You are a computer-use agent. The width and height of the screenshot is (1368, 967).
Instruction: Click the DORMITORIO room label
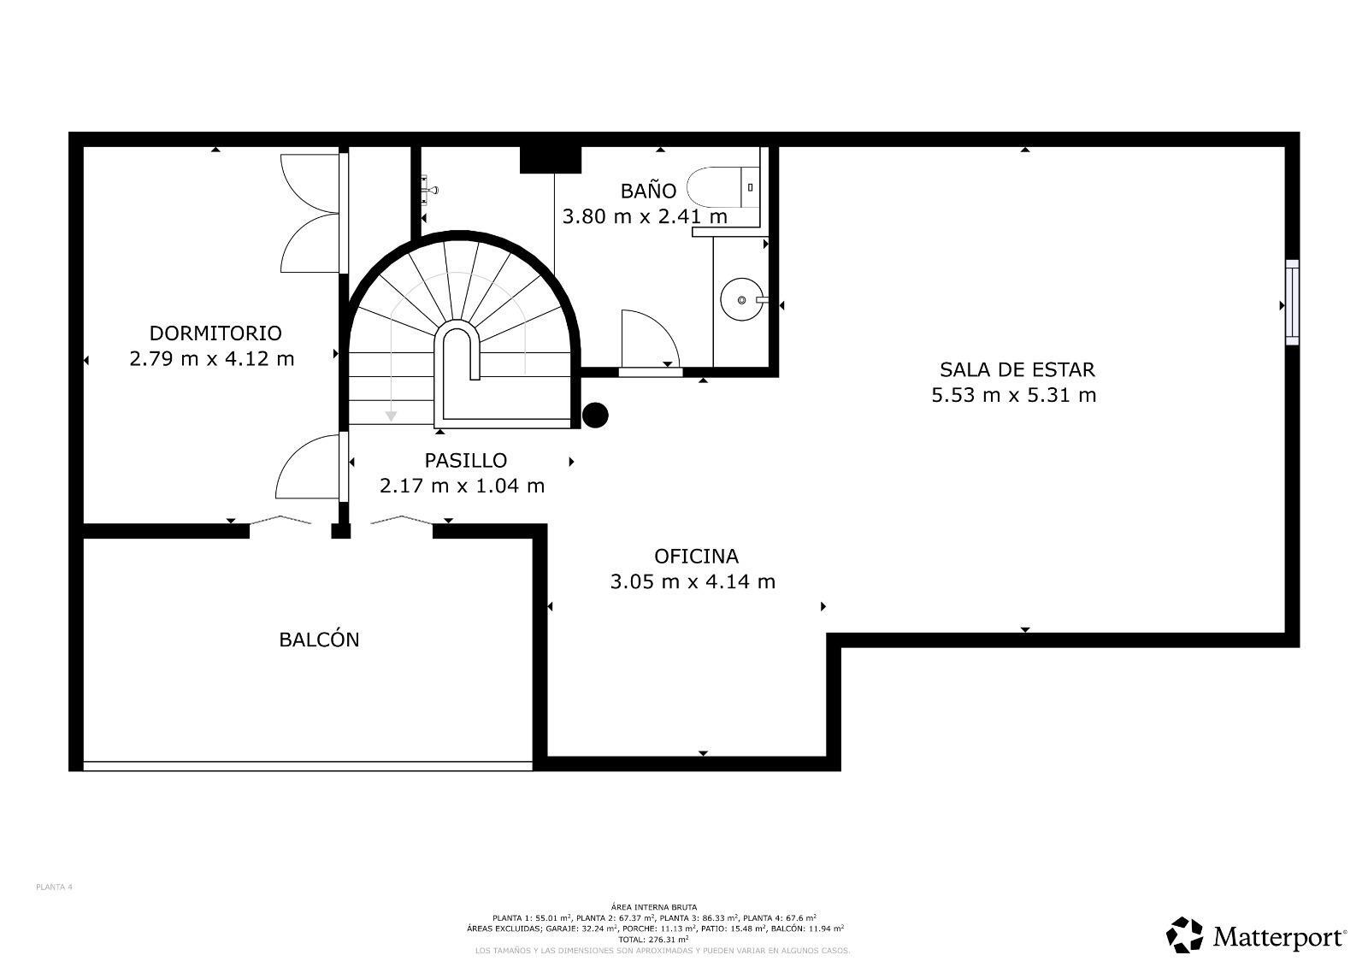coord(215,333)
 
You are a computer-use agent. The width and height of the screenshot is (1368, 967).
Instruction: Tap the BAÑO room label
coord(648,191)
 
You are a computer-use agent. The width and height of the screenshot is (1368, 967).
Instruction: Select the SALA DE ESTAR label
coord(1017,369)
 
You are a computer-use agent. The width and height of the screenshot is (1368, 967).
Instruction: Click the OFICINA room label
coord(696,556)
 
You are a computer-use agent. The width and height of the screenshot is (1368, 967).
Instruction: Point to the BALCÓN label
coord(319,640)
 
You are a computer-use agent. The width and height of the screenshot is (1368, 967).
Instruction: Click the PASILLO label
coord(465,460)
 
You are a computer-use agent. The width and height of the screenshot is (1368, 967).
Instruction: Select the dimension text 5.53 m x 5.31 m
coord(1013,395)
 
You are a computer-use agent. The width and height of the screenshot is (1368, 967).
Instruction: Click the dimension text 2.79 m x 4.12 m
coord(212,358)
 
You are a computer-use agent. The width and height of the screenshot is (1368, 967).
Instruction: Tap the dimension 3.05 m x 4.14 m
coord(693,581)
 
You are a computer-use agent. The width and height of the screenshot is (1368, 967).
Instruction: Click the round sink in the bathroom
coord(741,300)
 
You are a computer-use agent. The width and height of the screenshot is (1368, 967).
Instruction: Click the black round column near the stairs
coord(595,416)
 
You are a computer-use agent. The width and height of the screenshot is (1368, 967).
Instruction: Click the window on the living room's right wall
coord(1292,303)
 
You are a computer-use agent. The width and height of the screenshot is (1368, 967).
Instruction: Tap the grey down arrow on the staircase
coord(391,415)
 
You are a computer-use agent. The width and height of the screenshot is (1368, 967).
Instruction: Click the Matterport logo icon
coord(1184,935)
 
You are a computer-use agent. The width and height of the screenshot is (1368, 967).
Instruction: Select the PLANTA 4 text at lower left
coord(54,887)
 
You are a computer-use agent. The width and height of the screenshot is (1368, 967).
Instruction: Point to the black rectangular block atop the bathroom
coord(551,160)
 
